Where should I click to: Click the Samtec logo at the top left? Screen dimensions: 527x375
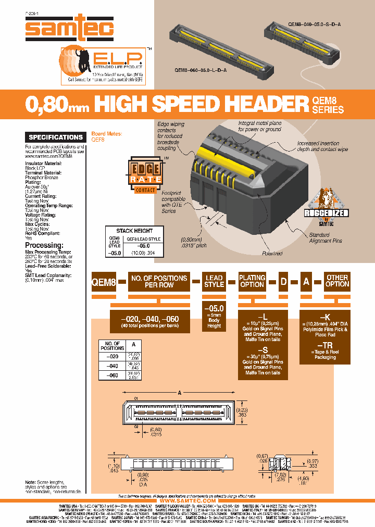[69, 28]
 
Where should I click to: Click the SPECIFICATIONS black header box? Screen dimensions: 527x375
[56, 137]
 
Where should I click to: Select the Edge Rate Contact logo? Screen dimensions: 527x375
[142, 177]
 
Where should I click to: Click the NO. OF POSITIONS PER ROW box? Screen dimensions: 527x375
[159, 281]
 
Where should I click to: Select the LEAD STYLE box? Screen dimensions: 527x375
[214, 281]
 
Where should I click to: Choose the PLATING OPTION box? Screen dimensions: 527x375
[252, 281]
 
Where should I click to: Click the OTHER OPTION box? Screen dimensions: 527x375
[337, 281]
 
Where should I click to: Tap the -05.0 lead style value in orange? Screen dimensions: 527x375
[214, 308]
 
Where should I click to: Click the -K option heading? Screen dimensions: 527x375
[324, 317]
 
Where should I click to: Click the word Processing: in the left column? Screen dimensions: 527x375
[44, 245]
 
